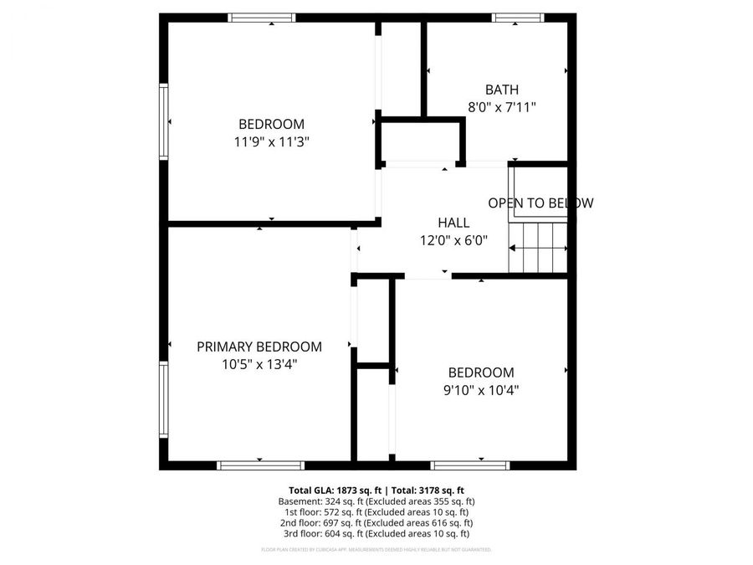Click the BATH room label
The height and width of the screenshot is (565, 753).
click(502, 90)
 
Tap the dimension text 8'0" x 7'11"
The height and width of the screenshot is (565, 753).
click(502, 107)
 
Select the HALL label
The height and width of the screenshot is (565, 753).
click(453, 223)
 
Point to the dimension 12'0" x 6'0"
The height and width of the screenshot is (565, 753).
click(453, 240)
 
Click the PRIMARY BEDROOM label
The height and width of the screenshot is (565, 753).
click(259, 347)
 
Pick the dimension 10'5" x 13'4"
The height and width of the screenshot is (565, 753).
click(259, 364)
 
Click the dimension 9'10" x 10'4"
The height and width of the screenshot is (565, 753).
click(481, 389)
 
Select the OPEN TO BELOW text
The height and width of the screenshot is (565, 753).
click(540, 203)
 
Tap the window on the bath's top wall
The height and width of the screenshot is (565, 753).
click(518, 18)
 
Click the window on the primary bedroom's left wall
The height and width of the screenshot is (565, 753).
click(164, 398)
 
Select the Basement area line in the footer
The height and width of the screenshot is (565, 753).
click(376, 501)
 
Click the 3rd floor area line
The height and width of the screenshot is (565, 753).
click(376, 533)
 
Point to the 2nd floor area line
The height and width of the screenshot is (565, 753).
click(376, 522)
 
